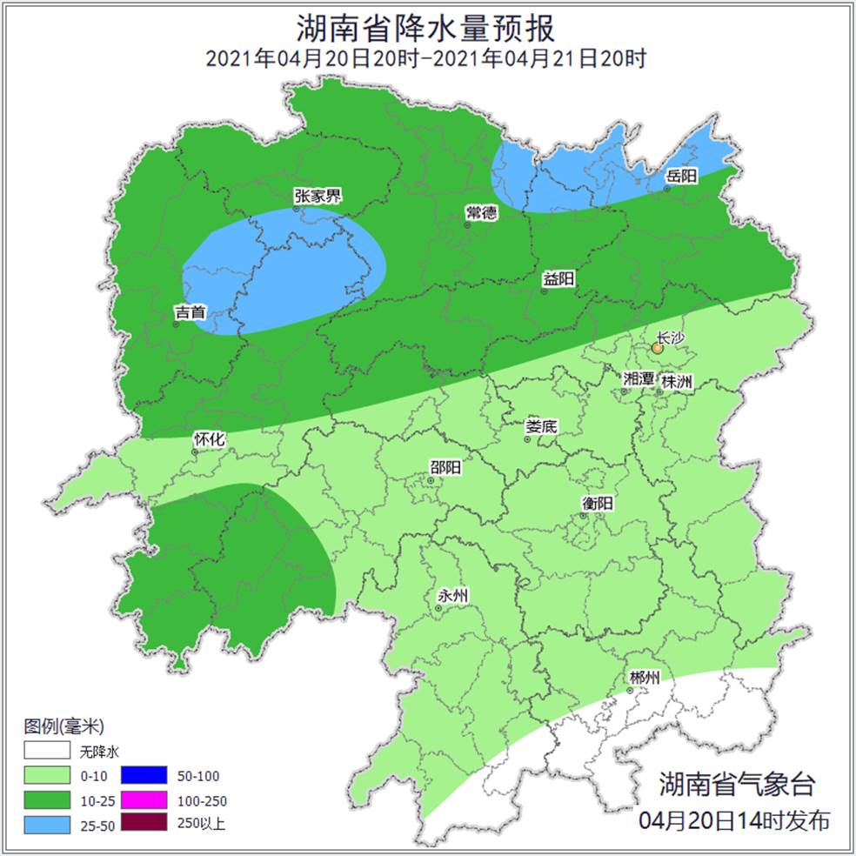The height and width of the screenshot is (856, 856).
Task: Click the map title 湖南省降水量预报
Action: click(425, 29)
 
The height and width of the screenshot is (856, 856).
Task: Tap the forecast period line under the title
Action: click(425, 60)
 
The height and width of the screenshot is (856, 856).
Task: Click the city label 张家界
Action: click(318, 196)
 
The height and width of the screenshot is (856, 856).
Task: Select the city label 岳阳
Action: click(682, 177)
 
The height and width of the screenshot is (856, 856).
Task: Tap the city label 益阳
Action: click(558, 279)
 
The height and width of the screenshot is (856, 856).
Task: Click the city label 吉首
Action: click(191, 311)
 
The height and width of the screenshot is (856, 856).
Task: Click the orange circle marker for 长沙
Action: click(658, 348)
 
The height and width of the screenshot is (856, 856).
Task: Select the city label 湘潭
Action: click(639, 378)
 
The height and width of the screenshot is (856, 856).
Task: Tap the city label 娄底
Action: click(542, 427)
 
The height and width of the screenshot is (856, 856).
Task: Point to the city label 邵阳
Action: click(445, 467)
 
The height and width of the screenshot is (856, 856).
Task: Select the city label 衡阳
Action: click(598, 503)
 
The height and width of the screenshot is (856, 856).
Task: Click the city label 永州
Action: click(453, 596)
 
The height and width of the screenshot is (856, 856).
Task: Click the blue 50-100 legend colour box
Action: click(143, 776)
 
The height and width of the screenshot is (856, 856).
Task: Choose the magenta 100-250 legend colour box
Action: click(143, 800)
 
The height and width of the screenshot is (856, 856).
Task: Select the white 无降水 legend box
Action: click(47, 751)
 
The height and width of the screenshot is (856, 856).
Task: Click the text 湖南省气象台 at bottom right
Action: click(737, 784)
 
